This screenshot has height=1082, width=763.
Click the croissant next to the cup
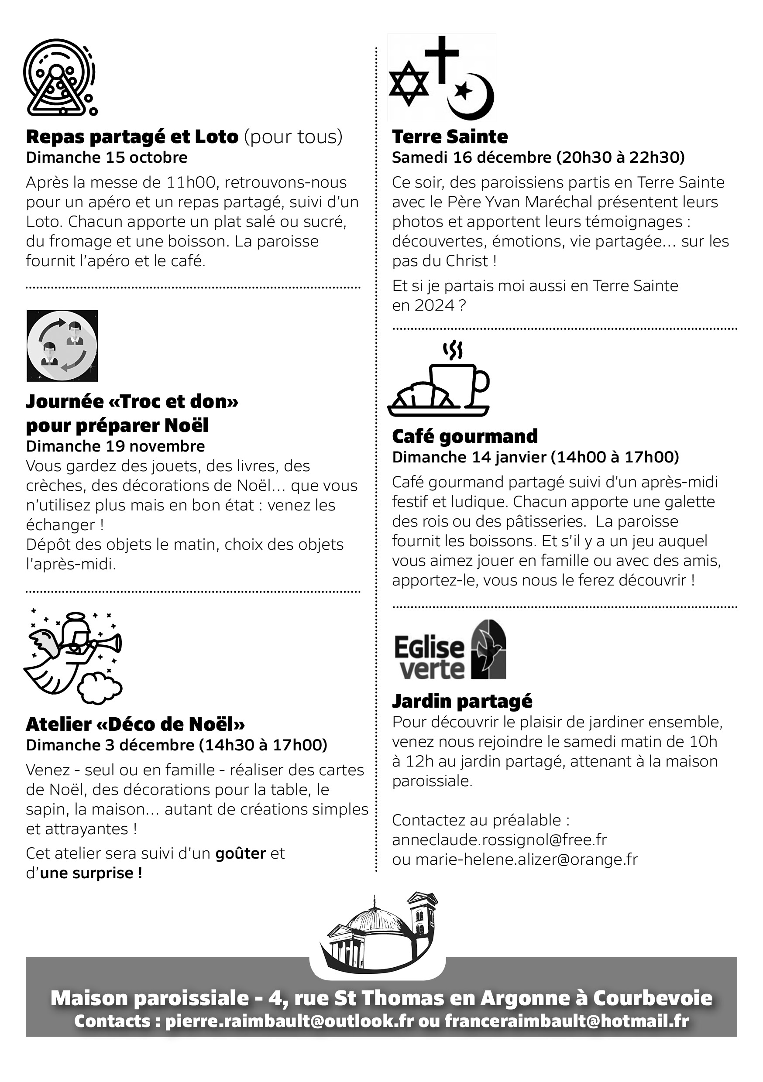[423, 395]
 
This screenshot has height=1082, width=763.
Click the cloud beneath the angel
[100, 688]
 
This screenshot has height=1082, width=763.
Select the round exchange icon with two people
[62, 346]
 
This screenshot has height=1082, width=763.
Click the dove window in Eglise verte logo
[489, 649]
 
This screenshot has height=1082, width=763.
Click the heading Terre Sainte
[450, 137]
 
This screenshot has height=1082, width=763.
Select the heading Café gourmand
[464, 436]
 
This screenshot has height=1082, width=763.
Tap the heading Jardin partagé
[462, 701]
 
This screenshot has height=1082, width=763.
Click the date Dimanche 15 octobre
[107, 158]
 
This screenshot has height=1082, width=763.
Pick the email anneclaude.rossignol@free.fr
[499, 839]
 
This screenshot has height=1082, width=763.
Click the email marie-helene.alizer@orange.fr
[526, 859]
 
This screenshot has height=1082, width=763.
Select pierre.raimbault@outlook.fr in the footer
[289, 1021]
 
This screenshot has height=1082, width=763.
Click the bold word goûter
[241, 853]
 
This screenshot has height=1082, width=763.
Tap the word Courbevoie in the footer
[652, 998]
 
